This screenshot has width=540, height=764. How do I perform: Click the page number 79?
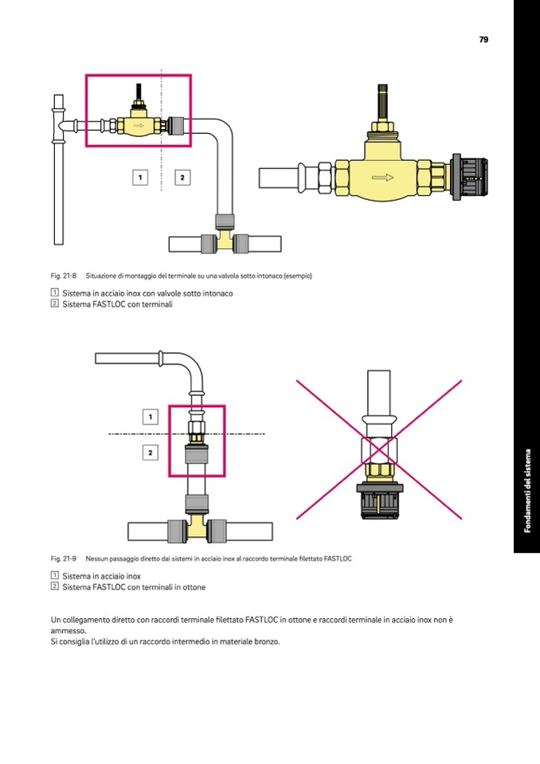(483, 39)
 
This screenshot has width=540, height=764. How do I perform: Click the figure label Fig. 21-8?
(63, 276)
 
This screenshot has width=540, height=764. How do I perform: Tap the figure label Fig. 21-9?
(63, 558)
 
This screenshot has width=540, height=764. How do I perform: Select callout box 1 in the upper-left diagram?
(140, 177)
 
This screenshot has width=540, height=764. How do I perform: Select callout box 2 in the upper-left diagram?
(182, 177)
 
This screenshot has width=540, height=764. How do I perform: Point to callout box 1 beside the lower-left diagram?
(151, 417)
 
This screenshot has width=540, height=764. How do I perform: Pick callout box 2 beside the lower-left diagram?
(151, 453)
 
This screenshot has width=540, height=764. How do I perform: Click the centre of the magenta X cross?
(379, 450)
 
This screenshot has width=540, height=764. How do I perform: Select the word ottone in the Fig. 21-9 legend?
(194, 587)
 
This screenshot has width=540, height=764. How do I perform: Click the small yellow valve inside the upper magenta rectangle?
(139, 125)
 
